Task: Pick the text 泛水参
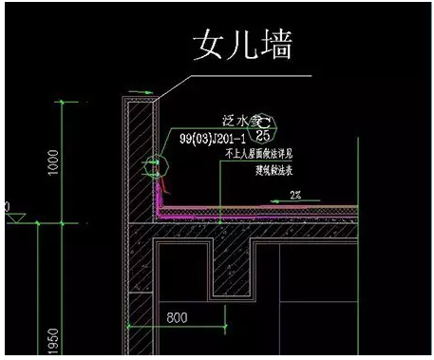point(244,120)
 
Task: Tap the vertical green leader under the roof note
point(220,190)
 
